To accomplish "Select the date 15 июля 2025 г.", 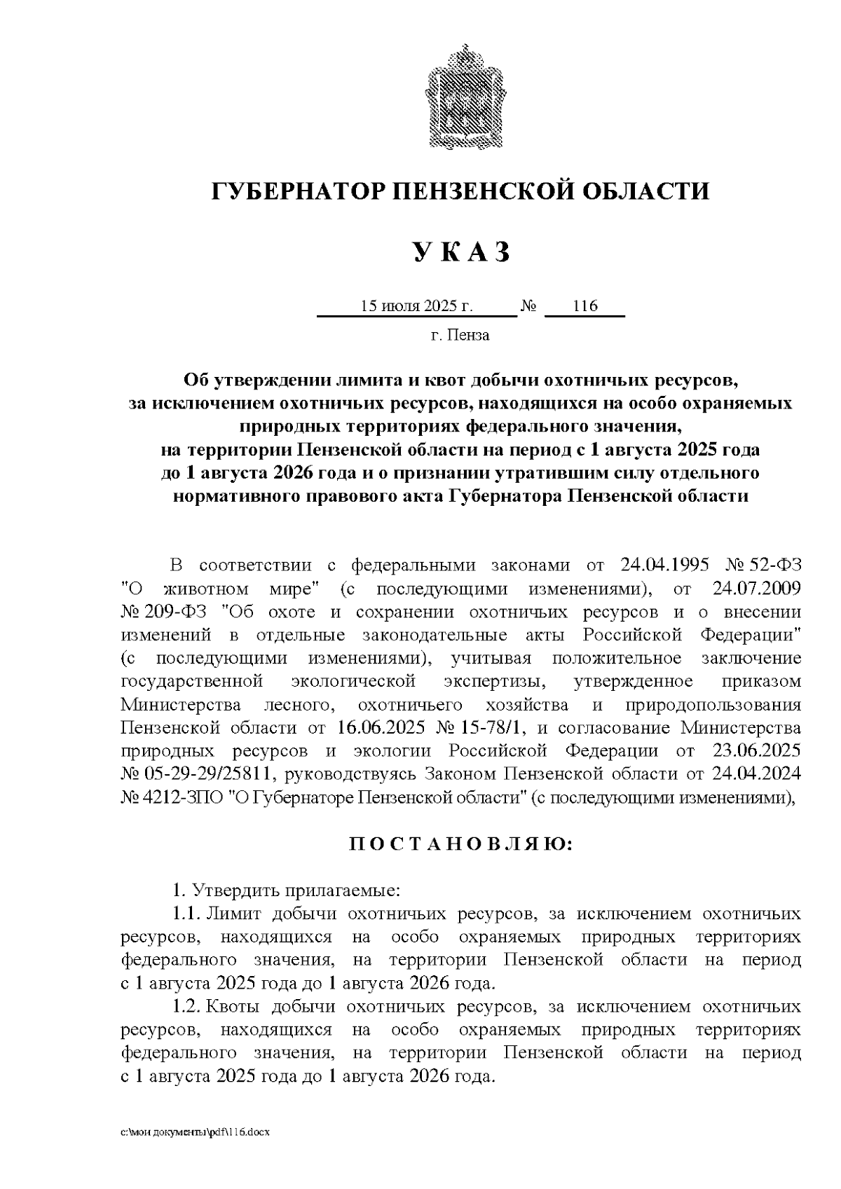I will [417, 306].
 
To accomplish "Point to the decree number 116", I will [584, 306].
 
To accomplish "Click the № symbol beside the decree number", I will [529, 306].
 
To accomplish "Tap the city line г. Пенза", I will [460, 335].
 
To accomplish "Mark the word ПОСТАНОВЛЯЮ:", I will [460, 844].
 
